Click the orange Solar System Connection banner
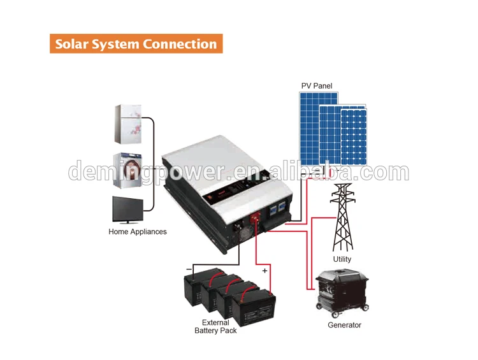coord(136,44)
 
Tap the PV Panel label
coord(317,86)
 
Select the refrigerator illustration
coord(126,124)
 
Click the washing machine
coord(126,170)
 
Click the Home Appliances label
coord(138,232)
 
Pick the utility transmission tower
coord(342,217)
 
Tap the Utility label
coord(342,259)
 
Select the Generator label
coord(344,325)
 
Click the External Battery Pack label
coord(215,326)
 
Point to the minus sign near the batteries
coord(189,270)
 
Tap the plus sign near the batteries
coord(265,271)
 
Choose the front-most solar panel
coord(353,137)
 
